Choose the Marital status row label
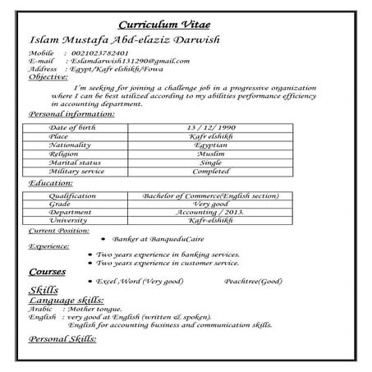coord(76,163)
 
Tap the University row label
coord(68,220)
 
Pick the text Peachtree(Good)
coord(252,281)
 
